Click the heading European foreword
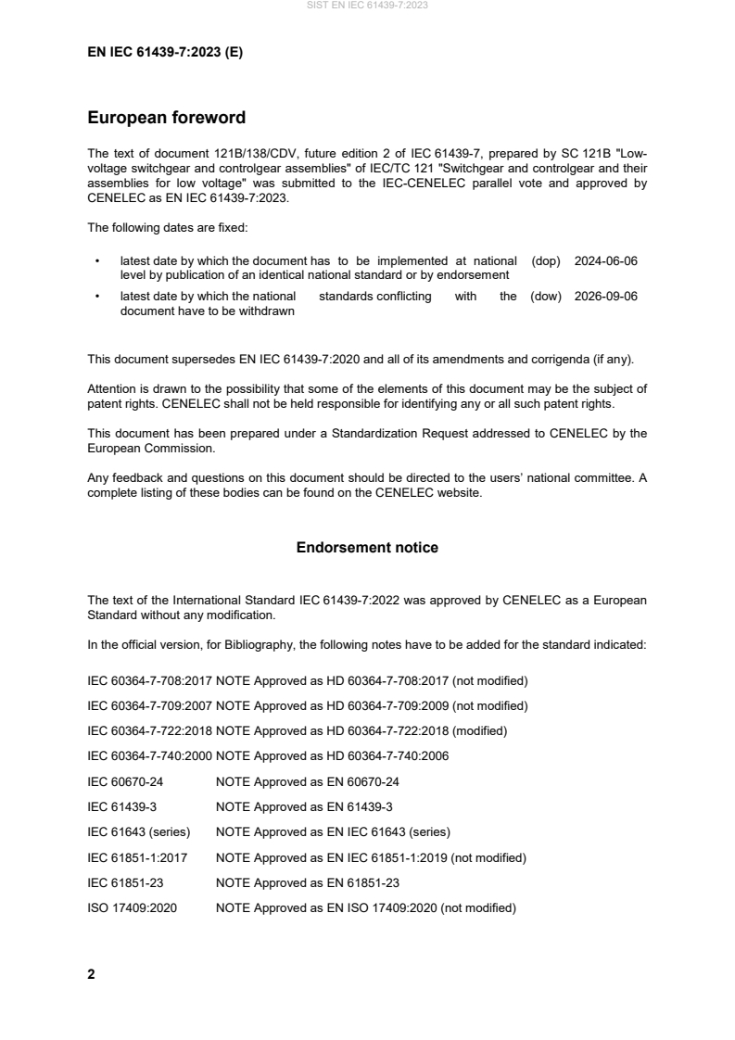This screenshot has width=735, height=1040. pos(166,118)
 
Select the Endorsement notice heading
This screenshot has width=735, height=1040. pos(367,548)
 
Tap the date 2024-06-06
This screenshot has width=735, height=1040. pos(605,261)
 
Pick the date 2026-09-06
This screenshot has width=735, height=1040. pos(605,297)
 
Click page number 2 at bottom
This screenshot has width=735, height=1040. pos(91,975)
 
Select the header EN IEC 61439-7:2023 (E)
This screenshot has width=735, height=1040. pos(165,52)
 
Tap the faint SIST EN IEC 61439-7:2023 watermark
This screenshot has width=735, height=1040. pos(367,6)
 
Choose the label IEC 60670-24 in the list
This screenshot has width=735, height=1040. pos(125,782)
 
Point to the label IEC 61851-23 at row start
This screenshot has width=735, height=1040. pos(125,883)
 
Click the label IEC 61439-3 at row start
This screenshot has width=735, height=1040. pos(121,807)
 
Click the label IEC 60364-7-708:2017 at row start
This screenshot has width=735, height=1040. pos(148,681)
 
